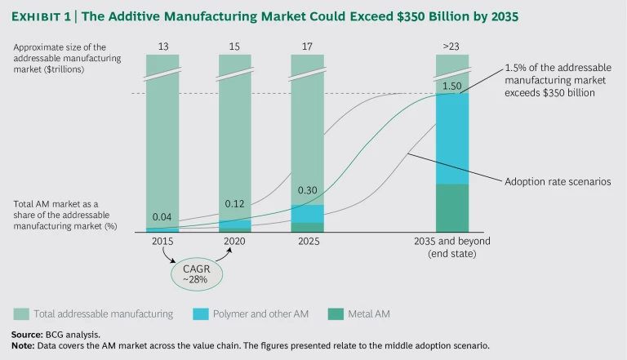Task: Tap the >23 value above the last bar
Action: [x=451, y=47]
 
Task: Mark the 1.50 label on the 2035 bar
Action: [x=451, y=86]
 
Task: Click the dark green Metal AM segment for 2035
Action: [x=451, y=208]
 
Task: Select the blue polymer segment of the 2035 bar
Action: [x=451, y=139]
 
